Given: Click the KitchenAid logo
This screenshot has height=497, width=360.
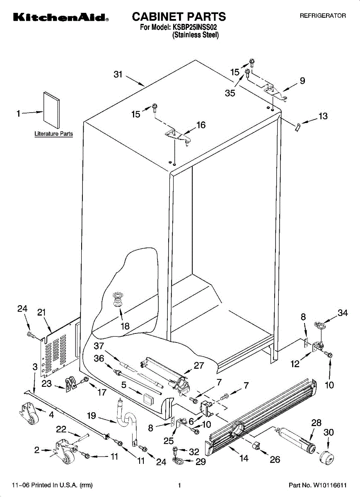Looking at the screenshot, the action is pos(61,17).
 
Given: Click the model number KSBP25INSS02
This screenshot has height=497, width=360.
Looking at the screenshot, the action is pos(194,27).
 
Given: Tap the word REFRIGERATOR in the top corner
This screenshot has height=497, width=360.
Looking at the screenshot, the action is pos(323,16).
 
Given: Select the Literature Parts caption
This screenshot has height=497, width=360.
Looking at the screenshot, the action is pos(53,134).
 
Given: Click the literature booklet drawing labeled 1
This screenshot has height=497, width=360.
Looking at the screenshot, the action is pos(51,110).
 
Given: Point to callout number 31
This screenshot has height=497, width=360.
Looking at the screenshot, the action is pos(118,74).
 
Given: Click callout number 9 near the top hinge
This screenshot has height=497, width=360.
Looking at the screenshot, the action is pos(302,80).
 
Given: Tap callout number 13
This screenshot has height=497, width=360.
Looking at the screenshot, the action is pos(323,116).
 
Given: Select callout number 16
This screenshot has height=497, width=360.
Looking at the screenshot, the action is pos(201,125).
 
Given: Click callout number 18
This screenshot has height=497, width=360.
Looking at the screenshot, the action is pos(125,326).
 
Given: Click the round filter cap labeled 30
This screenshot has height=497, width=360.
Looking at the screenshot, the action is pos(326,458).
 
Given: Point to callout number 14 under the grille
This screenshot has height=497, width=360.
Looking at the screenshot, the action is pos(244,458).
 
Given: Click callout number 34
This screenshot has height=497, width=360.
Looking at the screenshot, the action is pos(343,313).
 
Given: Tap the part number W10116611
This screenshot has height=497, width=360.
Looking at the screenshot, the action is pos(330,485).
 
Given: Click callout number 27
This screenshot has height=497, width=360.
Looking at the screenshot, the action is pos(199,365).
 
